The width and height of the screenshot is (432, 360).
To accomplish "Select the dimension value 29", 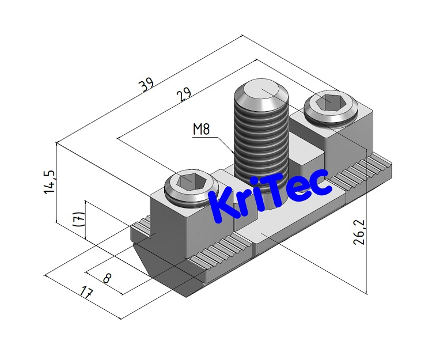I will [185, 94].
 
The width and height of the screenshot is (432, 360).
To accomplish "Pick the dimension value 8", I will [107, 278].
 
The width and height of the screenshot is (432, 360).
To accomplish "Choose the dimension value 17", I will [86, 293].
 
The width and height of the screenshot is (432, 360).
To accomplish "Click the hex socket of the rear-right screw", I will [329, 102].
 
